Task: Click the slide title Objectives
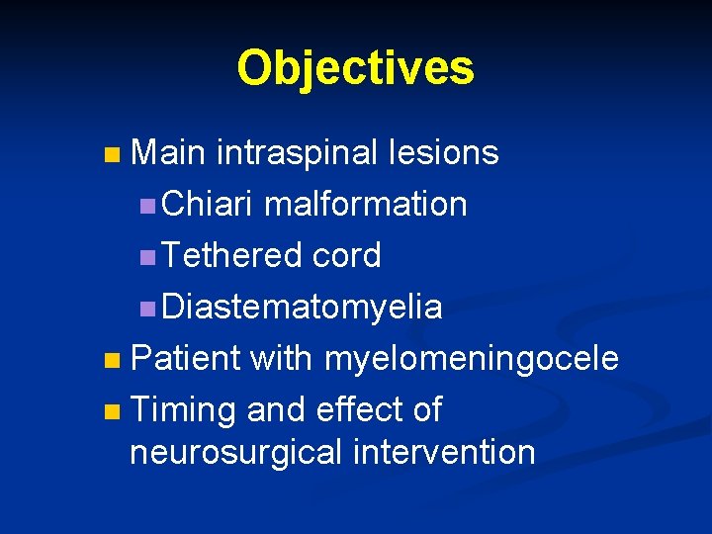(x=355, y=68)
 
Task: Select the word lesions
(x=444, y=152)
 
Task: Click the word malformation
(x=366, y=204)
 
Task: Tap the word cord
(x=346, y=255)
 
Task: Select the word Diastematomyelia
(x=302, y=308)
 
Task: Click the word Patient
(x=185, y=358)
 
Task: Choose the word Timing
(x=184, y=409)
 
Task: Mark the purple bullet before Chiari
(x=146, y=206)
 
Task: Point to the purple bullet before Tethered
(x=146, y=257)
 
